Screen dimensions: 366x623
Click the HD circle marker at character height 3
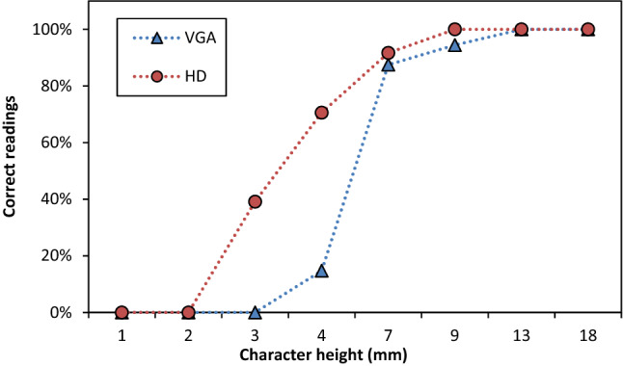point(255,201)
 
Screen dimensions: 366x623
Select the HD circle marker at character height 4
point(321,113)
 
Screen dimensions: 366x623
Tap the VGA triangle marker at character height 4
point(321,271)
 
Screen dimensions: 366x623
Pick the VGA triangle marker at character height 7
point(388,65)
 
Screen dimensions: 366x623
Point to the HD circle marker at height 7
point(388,53)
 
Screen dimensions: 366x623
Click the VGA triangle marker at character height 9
point(454,45)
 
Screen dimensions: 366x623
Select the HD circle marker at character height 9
point(454,29)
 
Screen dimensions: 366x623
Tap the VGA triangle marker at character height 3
point(255,312)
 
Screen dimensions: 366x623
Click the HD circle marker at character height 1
point(122,312)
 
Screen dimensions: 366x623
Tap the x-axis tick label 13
point(521,333)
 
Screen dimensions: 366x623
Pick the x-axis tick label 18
point(587,333)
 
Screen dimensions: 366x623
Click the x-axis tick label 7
point(388,333)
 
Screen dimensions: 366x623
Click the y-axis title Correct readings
point(12,170)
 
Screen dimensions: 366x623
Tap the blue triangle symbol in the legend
point(154,39)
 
